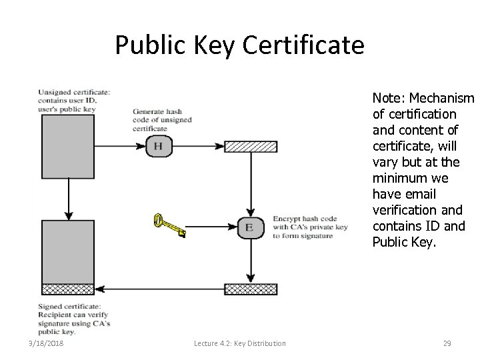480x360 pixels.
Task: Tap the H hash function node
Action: click(x=158, y=146)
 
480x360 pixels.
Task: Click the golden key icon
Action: click(x=169, y=225)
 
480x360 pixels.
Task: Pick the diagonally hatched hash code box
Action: click(x=250, y=147)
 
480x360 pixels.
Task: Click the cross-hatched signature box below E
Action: click(x=250, y=289)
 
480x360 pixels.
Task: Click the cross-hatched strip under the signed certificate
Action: click(x=67, y=289)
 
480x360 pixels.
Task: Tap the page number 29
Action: click(x=447, y=343)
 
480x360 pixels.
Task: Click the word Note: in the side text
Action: click(x=387, y=99)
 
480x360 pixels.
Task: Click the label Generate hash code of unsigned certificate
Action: click(x=162, y=119)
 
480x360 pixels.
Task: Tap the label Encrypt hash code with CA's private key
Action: click(x=311, y=227)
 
